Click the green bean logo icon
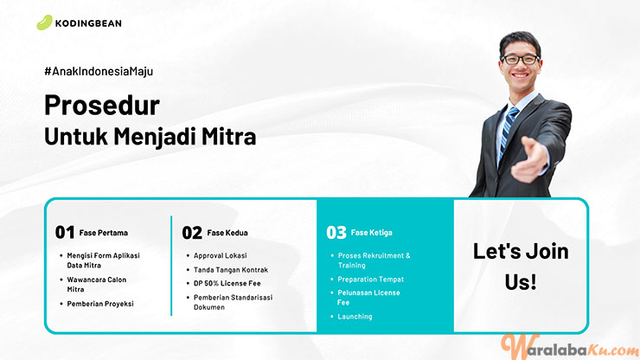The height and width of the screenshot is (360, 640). click(x=44, y=22)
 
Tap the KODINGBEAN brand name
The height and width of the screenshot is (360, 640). click(x=88, y=23)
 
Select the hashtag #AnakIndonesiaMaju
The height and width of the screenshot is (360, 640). click(x=99, y=71)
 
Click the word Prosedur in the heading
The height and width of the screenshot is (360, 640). click(x=102, y=105)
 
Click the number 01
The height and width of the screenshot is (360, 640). click(x=65, y=233)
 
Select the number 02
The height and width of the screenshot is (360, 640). click(x=192, y=233)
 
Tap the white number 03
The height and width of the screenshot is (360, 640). click(x=336, y=233)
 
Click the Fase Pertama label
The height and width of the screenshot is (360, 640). click(x=103, y=233)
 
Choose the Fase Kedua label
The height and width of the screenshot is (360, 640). click(x=227, y=233)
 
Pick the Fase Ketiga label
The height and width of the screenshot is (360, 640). click(x=371, y=233)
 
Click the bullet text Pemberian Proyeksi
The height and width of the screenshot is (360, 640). click(x=100, y=304)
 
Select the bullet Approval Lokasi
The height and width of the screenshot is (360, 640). click(x=220, y=255)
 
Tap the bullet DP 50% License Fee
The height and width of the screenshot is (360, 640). click(x=227, y=283)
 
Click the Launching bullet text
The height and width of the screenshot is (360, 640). click(x=355, y=316)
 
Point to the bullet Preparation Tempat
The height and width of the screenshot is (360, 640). click(x=371, y=280)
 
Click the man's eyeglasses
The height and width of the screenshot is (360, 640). click(x=520, y=60)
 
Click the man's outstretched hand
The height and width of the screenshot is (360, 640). click(x=529, y=159)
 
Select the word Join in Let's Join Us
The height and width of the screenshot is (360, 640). click(x=547, y=251)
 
